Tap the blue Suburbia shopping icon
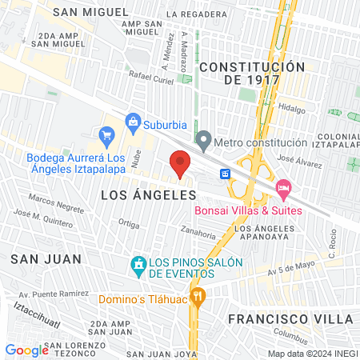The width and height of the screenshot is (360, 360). point(133,123)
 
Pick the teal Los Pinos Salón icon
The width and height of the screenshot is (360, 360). point(138,263)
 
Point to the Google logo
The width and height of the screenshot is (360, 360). point(26,350)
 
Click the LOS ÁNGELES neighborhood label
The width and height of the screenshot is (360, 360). point(134,195)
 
